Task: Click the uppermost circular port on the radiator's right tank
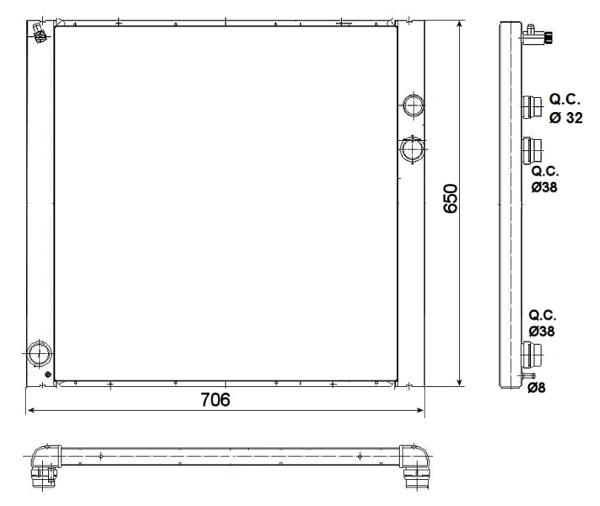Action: click(x=414, y=105)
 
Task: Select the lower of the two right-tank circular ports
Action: click(x=413, y=149)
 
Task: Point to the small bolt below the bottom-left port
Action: click(x=48, y=374)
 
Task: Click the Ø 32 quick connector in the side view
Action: click(x=532, y=108)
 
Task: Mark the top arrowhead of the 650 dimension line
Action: click(x=460, y=24)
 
